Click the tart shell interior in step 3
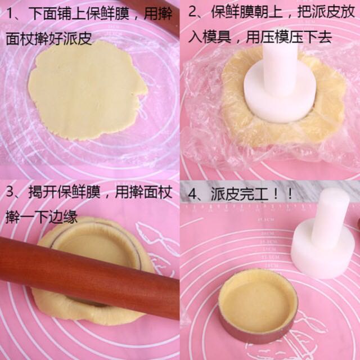(x=96, y=247)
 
